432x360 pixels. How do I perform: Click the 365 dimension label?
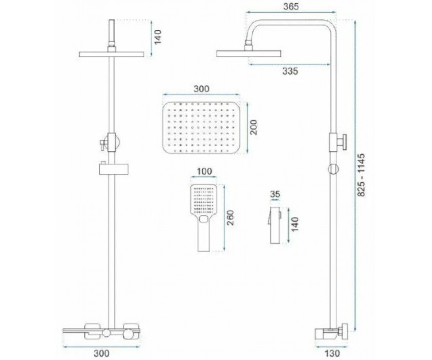pos(291,6)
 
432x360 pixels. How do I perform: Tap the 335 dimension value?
pos(290,71)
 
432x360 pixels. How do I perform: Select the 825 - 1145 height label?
pos(362,175)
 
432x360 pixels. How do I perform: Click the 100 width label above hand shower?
pos(204,171)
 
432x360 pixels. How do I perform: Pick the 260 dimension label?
pos(230,218)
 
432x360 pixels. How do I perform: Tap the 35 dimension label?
pos(275,194)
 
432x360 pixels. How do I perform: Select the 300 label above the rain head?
pos(201,89)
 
